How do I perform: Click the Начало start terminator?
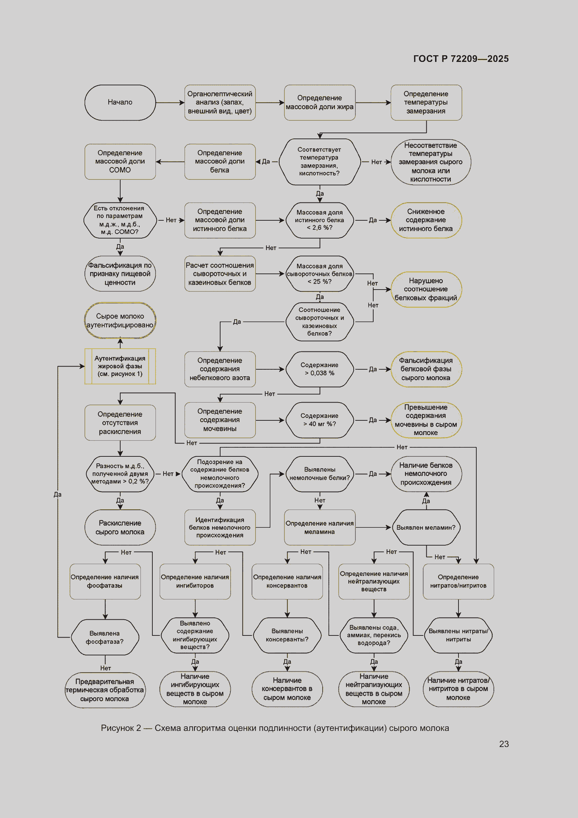click(x=120, y=102)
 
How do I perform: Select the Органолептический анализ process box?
click(x=220, y=102)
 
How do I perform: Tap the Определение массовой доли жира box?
click(x=320, y=102)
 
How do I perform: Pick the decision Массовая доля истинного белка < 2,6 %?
click(x=320, y=220)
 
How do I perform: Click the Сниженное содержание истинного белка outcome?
click(x=426, y=220)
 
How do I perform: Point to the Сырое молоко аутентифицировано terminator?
click(x=120, y=320)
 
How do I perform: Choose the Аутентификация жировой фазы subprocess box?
click(x=120, y=366)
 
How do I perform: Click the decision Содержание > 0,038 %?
click(x=320, y=369)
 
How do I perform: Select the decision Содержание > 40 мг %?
click(x=320, y=420)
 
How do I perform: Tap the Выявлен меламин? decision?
click(x=426, y=527)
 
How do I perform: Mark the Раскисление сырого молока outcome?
click(x=120, y=527)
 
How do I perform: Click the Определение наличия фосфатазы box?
click(x=105, y=582)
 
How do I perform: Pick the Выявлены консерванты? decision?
click(x=287, y=635)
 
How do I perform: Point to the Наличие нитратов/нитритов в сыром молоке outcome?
click(x=458, y=689)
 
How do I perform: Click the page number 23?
click(x=504, y=744)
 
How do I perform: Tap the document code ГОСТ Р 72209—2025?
click(x=461, y=59)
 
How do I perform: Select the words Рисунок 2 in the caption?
click(x=121, y=728)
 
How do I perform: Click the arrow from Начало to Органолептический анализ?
click(x=170, y=102)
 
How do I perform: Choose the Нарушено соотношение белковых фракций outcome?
click(x=426, y=289)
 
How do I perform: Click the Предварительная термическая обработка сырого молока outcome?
click(x=105, y=690)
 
